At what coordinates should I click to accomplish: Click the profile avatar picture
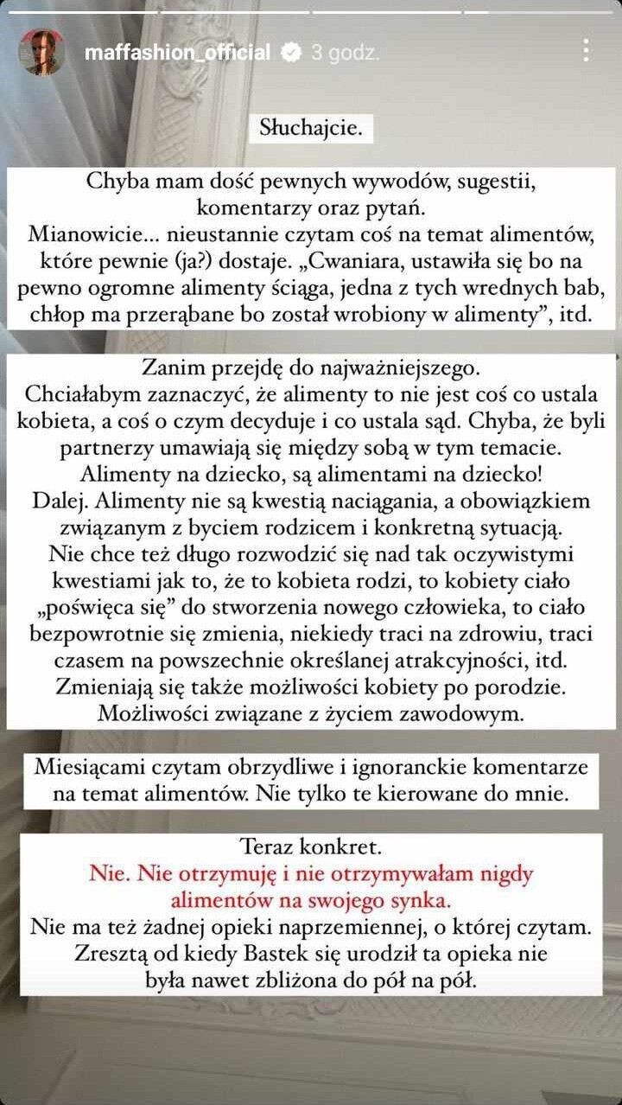pos(41,52)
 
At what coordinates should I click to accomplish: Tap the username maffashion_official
pos(177,53)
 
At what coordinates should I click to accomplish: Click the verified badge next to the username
pos(291,53)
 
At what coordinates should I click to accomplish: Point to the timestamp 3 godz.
pos(345,53)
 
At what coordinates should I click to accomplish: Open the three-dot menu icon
pos(586,50)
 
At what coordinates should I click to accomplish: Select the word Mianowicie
pos(84,235)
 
